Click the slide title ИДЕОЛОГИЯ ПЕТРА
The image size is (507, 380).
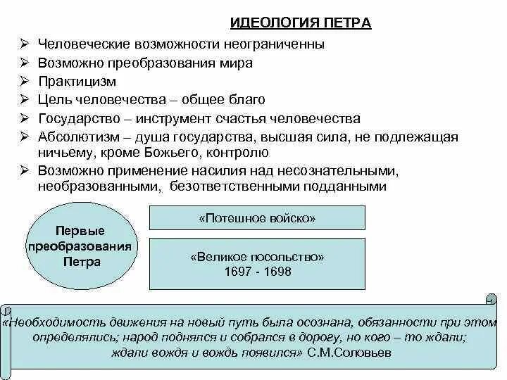point(301,24)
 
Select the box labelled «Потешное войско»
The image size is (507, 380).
point(257,218)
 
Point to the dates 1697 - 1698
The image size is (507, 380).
point(257,272)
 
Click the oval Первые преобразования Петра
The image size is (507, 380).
point(80,246)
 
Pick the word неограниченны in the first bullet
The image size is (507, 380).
point(282,44)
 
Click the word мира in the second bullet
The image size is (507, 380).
point(239,63)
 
